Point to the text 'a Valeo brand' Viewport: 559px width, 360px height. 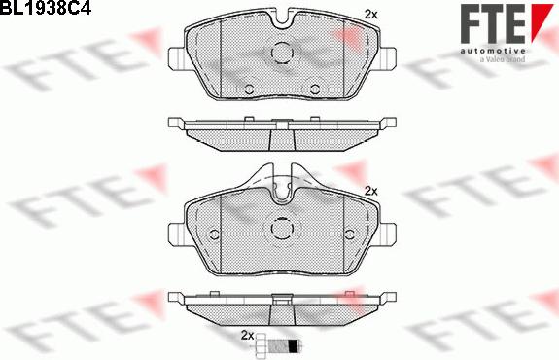502,60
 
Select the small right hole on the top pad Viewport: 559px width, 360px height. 314,90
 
